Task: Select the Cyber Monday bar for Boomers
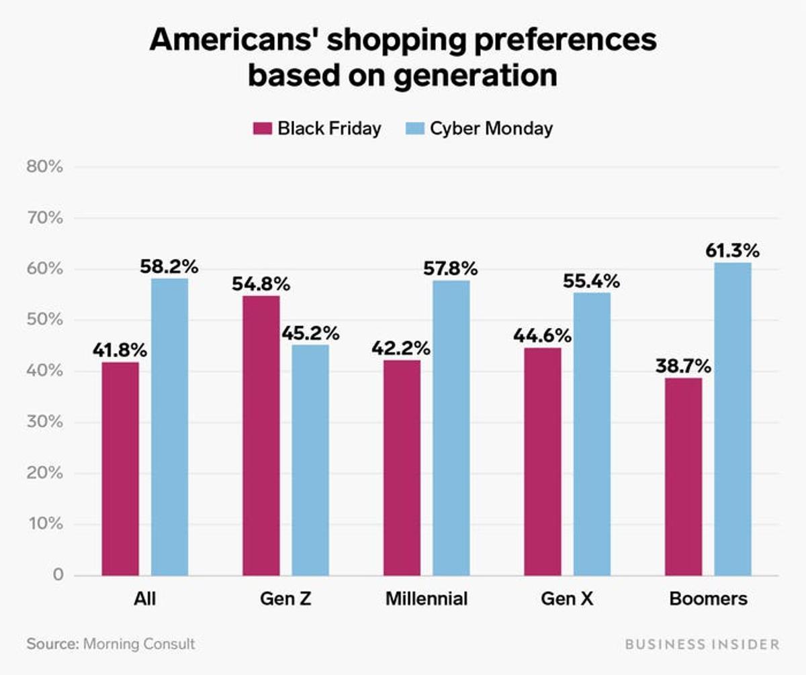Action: (x=732, y=419)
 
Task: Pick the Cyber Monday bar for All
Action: (x=169, y=427)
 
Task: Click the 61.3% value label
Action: (x=732, y=252)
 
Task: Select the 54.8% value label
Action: (x=261, y=284)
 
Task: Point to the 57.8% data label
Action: (x=451, y=269)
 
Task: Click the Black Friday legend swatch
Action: (x=261, y=128)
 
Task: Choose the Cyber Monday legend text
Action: (x=491, y=128)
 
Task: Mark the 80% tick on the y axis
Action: (x=45, y=167)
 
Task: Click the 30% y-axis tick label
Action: (x=45, y=422)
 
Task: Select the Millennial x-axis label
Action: (x=426, y=599)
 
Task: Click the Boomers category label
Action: (x=708, y=599)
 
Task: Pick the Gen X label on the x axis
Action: (x=567, y=599)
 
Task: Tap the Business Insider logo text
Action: (x=701, y=644)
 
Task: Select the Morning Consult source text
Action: (x=138, y=644)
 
